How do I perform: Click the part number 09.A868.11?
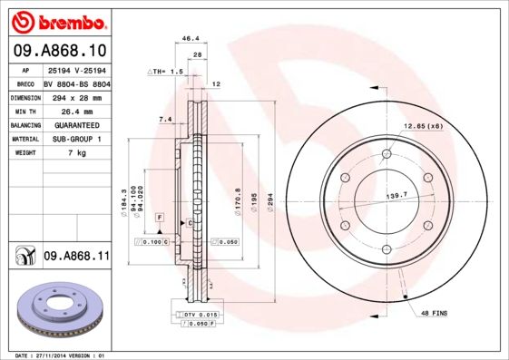point(75,258)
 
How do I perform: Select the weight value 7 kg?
point(76,153)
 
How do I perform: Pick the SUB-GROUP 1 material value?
point(73,139)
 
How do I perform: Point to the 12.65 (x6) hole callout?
point(423,125)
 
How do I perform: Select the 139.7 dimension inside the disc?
point(396,195)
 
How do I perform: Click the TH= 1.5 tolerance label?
point(166,71)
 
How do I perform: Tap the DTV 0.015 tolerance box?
point(197,314)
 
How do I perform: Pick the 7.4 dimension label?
point(165,119)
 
